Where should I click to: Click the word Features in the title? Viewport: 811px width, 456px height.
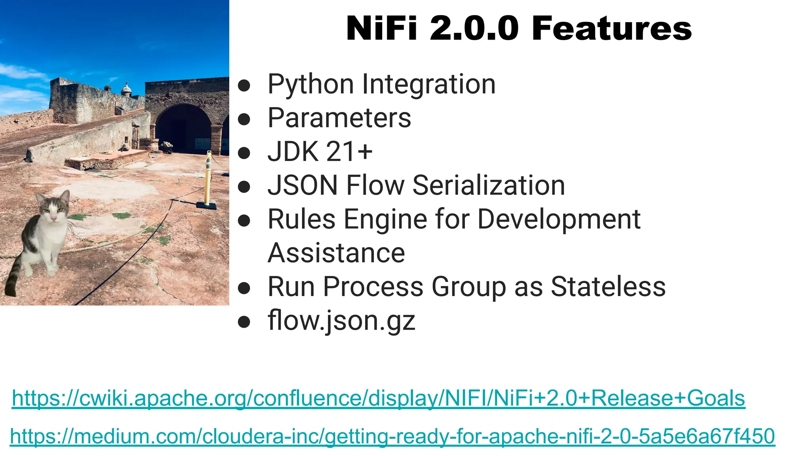point(611,28)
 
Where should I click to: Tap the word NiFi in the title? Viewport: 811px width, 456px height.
point(381,28)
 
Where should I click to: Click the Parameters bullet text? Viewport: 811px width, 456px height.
point(339,118)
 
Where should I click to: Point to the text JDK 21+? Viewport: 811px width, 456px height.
point(320,152)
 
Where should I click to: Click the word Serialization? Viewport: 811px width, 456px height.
point(489,185)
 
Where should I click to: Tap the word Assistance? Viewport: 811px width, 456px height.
point(336,253)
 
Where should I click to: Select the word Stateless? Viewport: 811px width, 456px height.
point(608,287)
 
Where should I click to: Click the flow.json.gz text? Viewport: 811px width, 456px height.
point(341,321)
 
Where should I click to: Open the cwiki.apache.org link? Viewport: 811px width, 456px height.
point(378,398)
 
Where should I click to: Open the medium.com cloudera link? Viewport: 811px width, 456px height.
point(392,436)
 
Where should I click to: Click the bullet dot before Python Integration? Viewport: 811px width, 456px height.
point(244,85)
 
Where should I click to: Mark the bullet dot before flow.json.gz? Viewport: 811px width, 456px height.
point(244,322)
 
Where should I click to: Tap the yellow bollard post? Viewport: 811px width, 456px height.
point(208,178)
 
